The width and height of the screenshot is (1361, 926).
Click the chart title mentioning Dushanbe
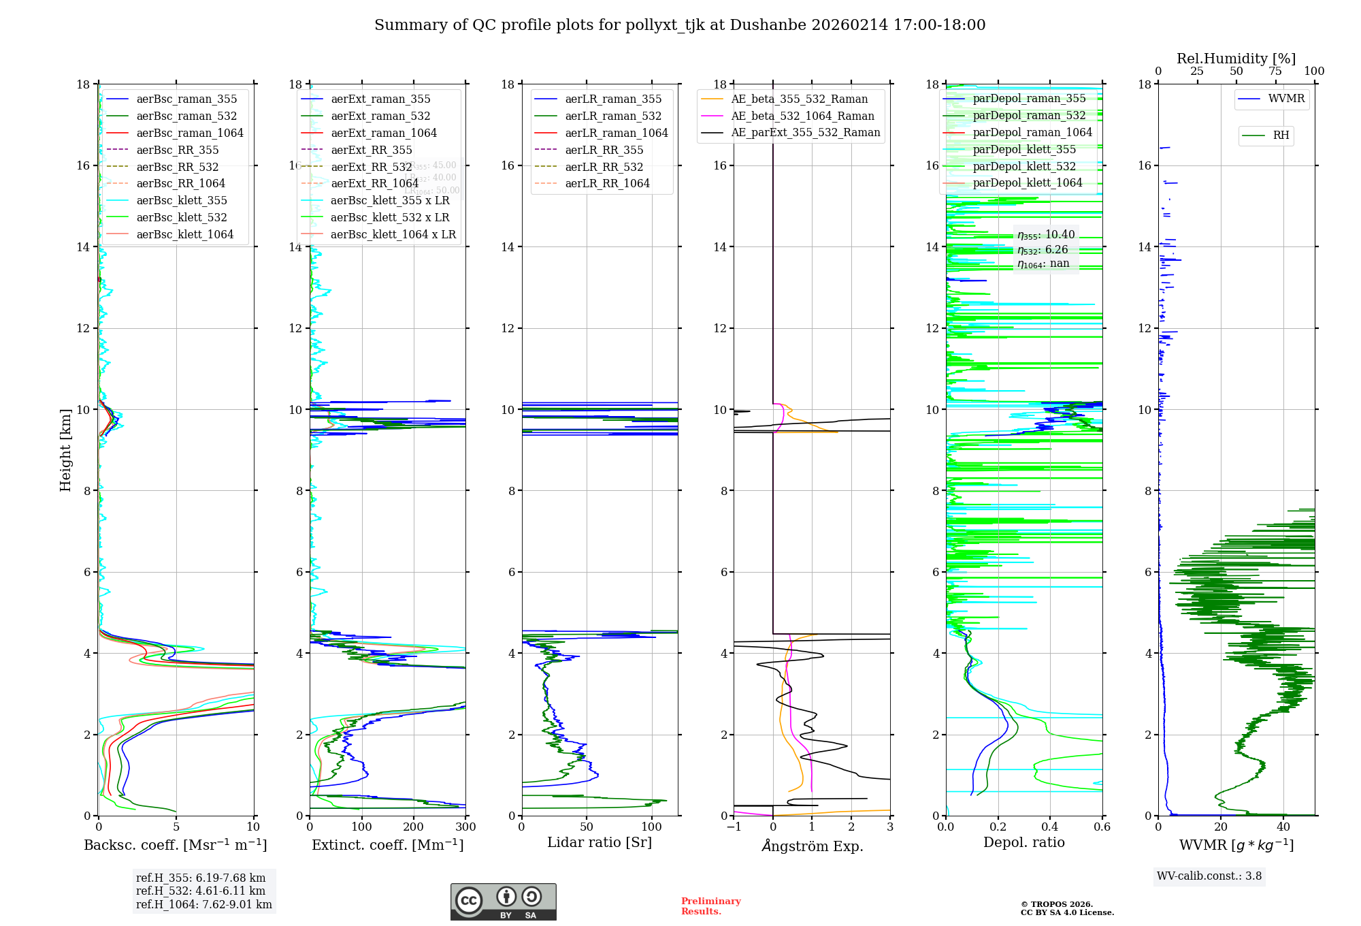(x=680, y=25)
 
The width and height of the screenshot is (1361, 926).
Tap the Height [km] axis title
(x=65, y=449)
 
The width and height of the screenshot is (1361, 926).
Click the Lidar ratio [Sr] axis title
(x=599, y=842)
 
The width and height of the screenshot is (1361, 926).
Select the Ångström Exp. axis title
(x=812, y=846)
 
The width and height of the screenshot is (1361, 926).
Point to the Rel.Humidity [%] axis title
(x=1236, y=59)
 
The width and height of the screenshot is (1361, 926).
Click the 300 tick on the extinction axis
(x=465, y=827)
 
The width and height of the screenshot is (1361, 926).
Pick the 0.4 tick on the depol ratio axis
(x=1050, y=827)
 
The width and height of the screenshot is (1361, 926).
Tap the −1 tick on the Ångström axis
(x=734, y=827)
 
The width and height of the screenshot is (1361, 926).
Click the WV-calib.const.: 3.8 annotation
(x=1209, y=876)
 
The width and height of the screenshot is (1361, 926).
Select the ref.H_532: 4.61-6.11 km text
(x=200, y=891)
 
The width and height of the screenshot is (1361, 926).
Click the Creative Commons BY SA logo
(x=503, y=901)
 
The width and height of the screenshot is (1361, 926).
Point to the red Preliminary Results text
(x=710, y=906)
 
